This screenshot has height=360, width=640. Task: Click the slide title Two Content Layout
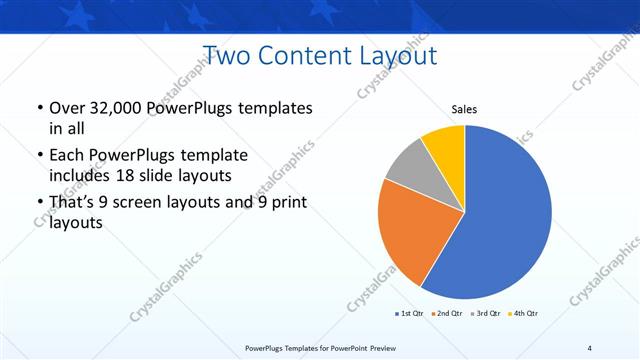tap(319, 55)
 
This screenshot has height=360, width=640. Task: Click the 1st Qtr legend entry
tap(409, 314)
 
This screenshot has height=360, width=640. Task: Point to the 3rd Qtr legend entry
tap(485, 314)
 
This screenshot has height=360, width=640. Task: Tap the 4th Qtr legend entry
tap(524, 314)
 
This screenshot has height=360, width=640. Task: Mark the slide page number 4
tap(590, 347)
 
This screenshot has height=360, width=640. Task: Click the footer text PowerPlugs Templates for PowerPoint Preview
tap(319, 347)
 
